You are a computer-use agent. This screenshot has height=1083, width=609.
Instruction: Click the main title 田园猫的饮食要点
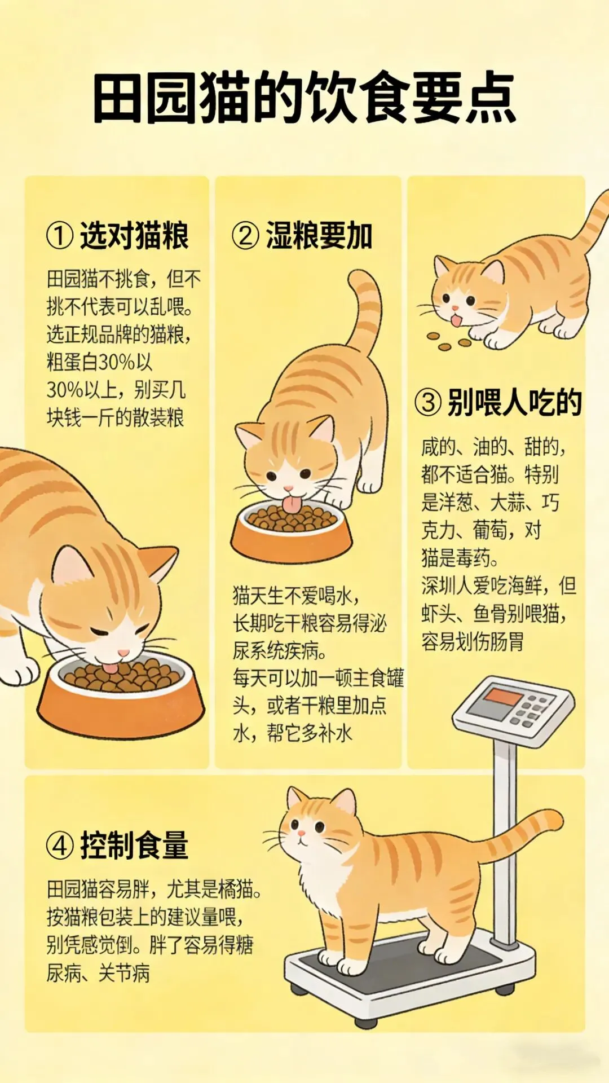(304, 98)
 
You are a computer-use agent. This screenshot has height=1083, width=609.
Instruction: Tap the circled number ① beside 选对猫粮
(60, 236)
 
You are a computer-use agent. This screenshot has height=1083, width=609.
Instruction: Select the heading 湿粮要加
(319, 235)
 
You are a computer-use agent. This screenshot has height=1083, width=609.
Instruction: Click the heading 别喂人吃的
(514, 402)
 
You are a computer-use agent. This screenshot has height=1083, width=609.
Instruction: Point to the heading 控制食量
(134, 846)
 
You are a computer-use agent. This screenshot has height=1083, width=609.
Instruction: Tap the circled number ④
(60, 846)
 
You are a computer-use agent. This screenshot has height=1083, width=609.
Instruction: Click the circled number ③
(428, 403)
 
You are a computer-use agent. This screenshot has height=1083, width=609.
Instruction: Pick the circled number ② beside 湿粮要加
(246, 236)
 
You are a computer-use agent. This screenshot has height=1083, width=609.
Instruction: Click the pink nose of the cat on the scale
(301, 833)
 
